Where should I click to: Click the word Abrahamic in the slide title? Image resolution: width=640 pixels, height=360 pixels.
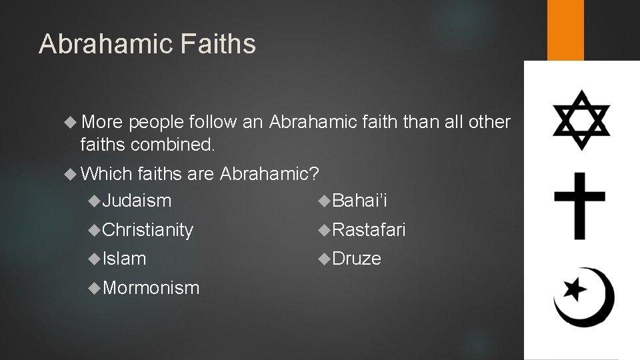(107, 44)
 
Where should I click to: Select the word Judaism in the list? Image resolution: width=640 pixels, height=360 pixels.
(137, 200)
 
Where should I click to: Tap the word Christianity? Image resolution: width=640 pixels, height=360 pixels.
(148, 230)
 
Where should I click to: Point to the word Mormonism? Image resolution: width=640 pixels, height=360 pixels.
(151, 287)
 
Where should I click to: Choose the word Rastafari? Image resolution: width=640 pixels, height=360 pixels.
(369, 230)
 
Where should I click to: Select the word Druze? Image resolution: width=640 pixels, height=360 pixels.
(357, 259)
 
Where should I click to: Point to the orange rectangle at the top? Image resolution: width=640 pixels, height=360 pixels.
(565, 30)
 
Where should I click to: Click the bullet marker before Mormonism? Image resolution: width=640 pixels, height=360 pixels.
(96, 287)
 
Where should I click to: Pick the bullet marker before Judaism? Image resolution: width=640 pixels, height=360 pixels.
(96, 200)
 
